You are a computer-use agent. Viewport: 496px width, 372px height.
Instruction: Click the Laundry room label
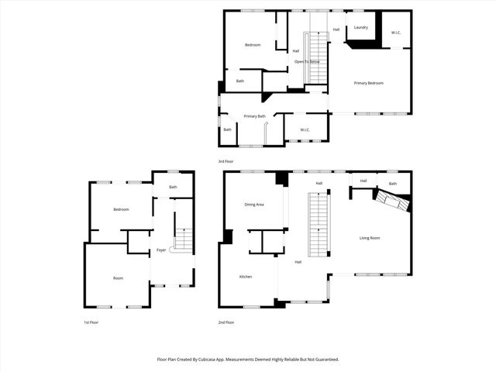tap(360, 27)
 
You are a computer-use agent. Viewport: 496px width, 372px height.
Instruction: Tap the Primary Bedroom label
tap(369, 83)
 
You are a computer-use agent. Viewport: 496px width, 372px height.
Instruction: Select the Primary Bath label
tap(255, 116)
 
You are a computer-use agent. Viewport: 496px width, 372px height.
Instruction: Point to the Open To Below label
tap(308, 61)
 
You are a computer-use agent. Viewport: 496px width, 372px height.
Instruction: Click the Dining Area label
tap(254, 205)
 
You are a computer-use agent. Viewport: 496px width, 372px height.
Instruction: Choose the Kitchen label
tap(246, 277)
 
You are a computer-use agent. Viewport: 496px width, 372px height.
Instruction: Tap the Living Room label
tap(370, 238)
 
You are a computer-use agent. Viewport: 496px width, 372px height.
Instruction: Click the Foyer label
tap(161, 250)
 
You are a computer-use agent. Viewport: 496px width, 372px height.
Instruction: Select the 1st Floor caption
tap(91, 322)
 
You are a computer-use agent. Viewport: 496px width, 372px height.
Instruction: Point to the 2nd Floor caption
tap(226, 322)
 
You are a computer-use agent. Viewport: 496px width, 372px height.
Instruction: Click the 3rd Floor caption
tap(226, 161)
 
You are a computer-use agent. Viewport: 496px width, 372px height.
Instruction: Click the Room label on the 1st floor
tap(119, 278)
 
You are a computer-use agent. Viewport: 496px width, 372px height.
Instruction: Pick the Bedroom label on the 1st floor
tap(121, 210)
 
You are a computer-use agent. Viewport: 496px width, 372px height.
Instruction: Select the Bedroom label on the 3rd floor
tap(253, 45)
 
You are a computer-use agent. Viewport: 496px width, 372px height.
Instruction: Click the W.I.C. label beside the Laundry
tap(395, 33)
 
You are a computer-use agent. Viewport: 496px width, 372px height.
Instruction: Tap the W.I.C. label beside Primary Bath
tap(305, 129)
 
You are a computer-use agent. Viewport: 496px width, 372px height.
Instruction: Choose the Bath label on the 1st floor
tap(174, 187)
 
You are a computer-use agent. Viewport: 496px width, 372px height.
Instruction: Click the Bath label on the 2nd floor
tap(393, 184)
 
